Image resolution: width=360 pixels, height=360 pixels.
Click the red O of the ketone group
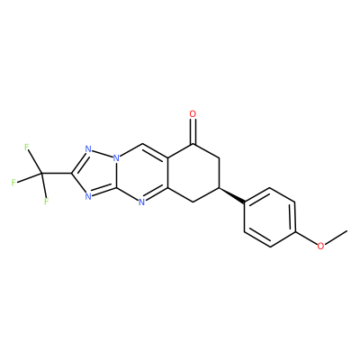click(x=193, y=114)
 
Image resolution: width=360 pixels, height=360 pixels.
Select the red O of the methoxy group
click(x=320, y=246)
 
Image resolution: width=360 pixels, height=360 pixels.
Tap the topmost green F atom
click(x=27, y=147)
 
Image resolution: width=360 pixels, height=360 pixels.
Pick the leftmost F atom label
click(x=13, y=183)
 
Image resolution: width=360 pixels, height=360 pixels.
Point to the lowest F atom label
click(x=46, y=202)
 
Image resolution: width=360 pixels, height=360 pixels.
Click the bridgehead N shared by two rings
click(x=117, y=157)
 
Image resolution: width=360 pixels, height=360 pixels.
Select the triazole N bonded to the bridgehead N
click(x=88, y=149)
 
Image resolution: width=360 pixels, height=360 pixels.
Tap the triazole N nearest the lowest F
click(x=88, y=196)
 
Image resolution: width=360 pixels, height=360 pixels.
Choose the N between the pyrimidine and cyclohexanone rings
click(x=141, y=202)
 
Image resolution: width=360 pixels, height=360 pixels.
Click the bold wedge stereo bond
click(x=232, y=195)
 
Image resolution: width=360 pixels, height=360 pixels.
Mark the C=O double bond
click(x=193, y=131)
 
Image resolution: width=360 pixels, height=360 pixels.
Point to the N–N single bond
click(x=103, y=153)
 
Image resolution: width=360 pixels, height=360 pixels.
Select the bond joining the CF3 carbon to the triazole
click(x=57, y=173)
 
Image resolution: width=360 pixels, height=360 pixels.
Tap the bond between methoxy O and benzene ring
click(x=307, y=238)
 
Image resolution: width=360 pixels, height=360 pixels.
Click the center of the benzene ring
click(x=270, y=218)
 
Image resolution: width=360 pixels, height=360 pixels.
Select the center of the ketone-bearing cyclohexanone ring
click(x=193, y=173)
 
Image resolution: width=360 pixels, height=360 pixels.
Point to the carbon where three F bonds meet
click(x=41, y=173)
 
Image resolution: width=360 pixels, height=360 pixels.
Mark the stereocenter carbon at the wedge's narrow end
click(x=220, y=188)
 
